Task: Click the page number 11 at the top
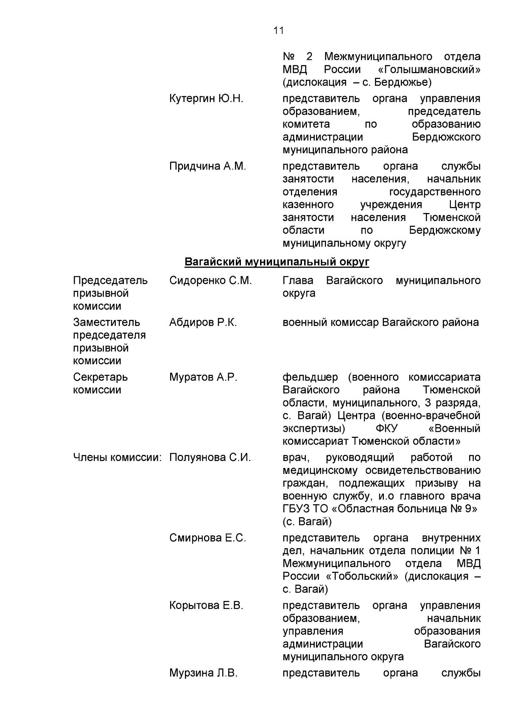click(278, 31)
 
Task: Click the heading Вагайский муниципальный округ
click(277, 262)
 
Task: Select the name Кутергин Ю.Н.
click(206, 99)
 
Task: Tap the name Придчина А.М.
click(207, 166)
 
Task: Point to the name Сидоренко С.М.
click(210, 280)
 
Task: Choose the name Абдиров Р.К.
click(203, 322)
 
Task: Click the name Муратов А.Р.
click(203, 377)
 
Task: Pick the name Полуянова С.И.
click(210, 458)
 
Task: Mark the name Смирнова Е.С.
click(207, 538)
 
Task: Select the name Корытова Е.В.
click(206, 605)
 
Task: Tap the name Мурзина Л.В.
click(203, 673)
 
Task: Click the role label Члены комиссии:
click(117, 458)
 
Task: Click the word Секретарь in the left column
click(100, 377)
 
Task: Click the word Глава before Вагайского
click(298, 280)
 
